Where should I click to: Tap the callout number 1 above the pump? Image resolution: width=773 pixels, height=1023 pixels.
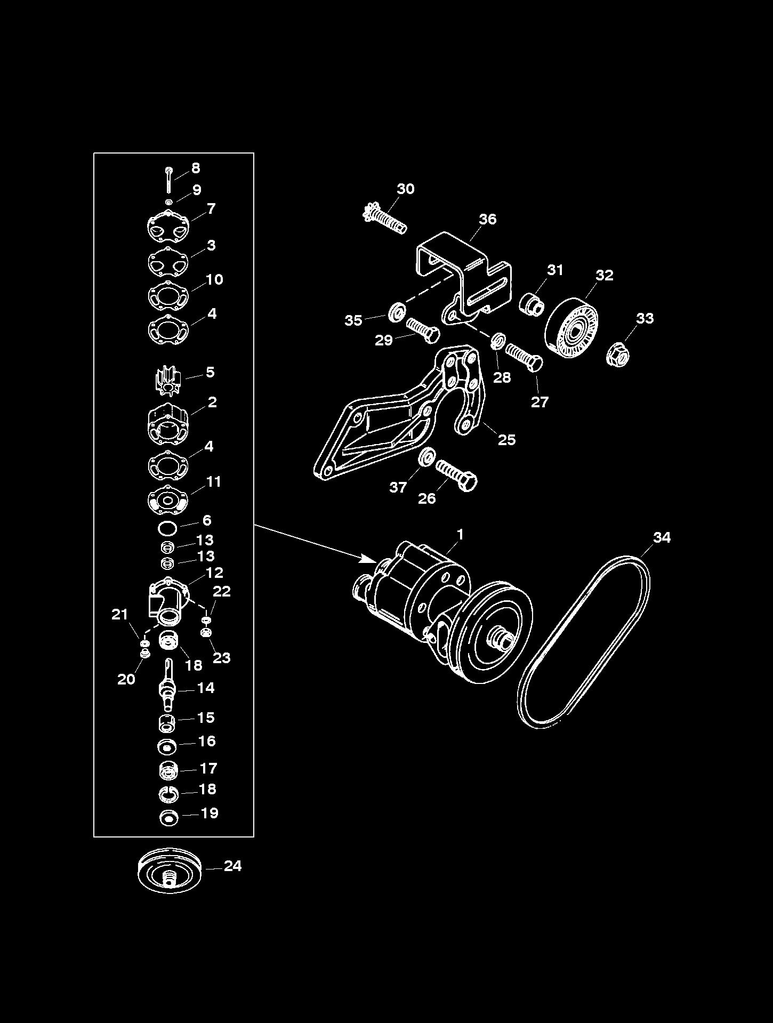pyautogui.click(x=460, y=534)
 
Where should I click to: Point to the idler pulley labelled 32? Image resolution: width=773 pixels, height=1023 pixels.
pyautogui.click(x=571, y=326)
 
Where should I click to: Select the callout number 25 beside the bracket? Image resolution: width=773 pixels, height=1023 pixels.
pyautogui.click(x=506, y=439)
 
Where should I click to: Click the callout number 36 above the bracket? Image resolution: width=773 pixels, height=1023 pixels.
pyautogui.click(x=487, y=219)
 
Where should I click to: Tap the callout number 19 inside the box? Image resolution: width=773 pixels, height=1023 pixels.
pyautogui.click(x=210, y=813)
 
